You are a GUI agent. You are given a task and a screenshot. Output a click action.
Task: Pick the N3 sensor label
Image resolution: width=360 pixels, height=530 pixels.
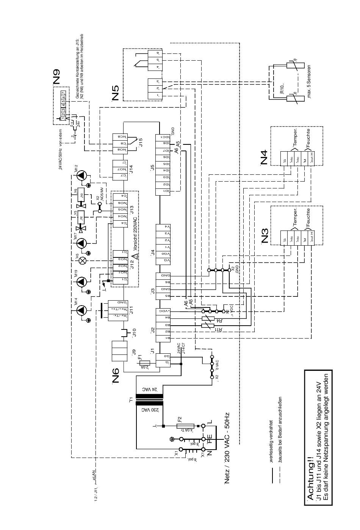pos(265,235)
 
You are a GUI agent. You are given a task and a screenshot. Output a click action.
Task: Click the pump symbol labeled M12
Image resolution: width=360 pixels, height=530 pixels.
pos(82,176)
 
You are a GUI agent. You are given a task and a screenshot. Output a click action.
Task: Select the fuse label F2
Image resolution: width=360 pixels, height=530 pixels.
pos(180,419)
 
